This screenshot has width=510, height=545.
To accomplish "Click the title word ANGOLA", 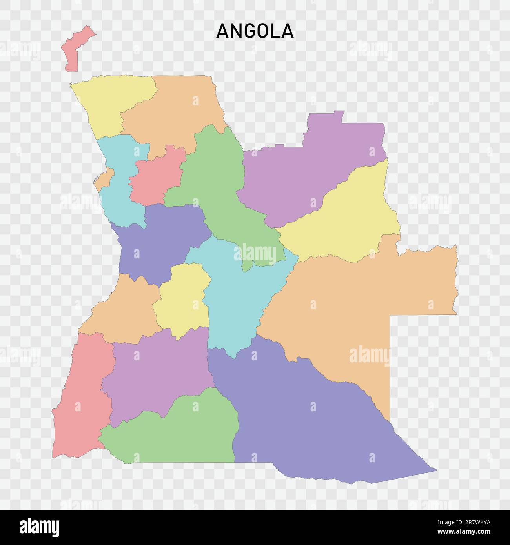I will [x=255, y=31].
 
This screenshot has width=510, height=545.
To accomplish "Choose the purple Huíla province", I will [x=157, y=372].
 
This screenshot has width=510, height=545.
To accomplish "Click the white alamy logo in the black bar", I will [x=40, y=527].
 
